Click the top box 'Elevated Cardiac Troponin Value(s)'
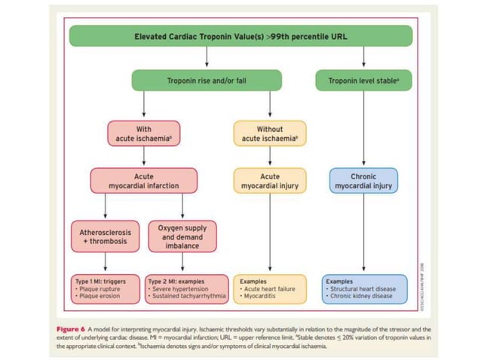click(x=240, y=35)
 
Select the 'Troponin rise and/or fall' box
click(x=206, y=81)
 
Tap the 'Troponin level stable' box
click(x=364, y=81)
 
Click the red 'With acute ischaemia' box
click(x=143, y=133)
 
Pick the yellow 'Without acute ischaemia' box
click(x=269, y=133)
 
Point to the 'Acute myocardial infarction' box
click(x=143, y=181)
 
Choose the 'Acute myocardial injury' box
click(x=269, y=181)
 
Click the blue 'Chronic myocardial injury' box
click(x=364, y=181)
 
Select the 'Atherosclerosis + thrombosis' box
click(x=105, y=236)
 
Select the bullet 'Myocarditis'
click(x=259, y=296)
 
